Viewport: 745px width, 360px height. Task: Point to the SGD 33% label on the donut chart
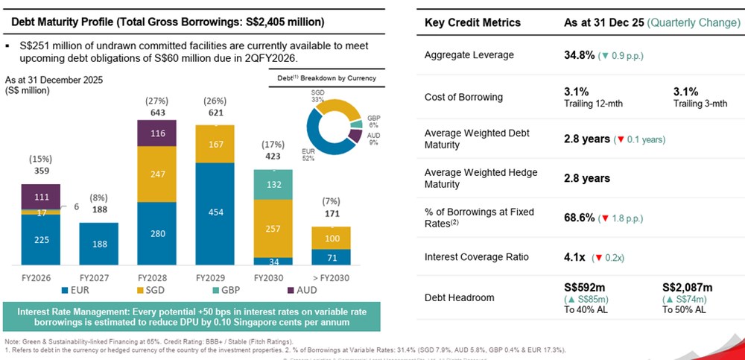318,95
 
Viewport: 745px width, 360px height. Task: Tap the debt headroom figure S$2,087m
687,287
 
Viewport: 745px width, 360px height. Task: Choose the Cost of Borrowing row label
463,97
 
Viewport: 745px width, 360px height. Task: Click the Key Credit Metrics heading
472,22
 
